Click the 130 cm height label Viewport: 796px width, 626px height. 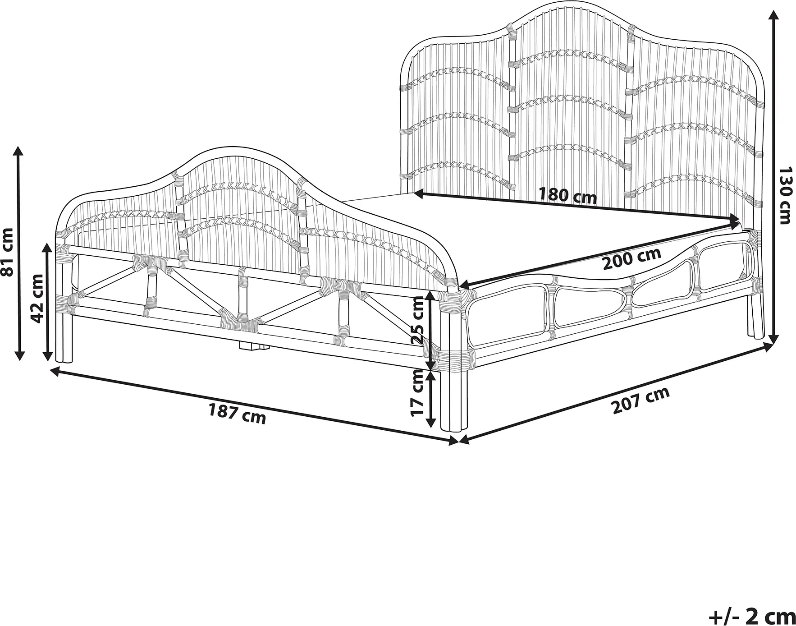[x=785, y=195]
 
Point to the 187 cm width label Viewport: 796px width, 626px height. [x=237, y=414]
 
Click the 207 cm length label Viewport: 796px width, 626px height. [x=640, y=400]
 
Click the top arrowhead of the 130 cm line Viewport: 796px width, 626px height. [x=773, y=14]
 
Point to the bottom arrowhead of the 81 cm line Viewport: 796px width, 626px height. [x=19, y=354]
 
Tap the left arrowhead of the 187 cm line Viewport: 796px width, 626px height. [x=55, y=371]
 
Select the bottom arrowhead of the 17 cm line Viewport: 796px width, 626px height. [x=431, y=422]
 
